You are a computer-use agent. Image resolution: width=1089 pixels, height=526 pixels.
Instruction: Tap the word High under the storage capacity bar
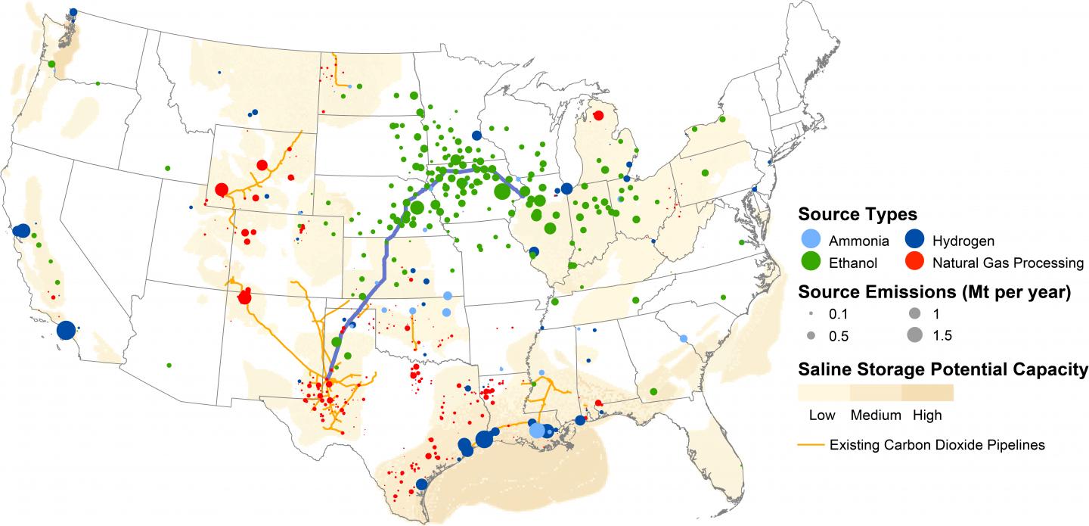927,415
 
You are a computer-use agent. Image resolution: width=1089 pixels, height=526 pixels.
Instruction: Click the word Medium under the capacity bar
876,415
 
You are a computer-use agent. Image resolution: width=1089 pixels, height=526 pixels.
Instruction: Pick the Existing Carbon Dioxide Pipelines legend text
937,445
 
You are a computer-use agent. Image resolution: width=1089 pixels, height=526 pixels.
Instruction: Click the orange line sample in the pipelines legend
811,445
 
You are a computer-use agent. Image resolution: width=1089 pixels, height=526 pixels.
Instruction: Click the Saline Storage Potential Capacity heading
942,370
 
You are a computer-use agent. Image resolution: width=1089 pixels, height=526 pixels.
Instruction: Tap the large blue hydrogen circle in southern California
66,331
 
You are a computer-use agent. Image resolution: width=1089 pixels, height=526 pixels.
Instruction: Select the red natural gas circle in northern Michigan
598,116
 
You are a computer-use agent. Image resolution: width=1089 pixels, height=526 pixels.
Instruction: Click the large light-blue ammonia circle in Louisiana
537,430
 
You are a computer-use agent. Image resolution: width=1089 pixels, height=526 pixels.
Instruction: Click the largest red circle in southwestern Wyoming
222,190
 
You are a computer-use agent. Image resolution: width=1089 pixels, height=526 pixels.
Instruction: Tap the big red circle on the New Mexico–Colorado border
244,297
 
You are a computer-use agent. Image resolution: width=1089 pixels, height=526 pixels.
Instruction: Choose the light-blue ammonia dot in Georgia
684,338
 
